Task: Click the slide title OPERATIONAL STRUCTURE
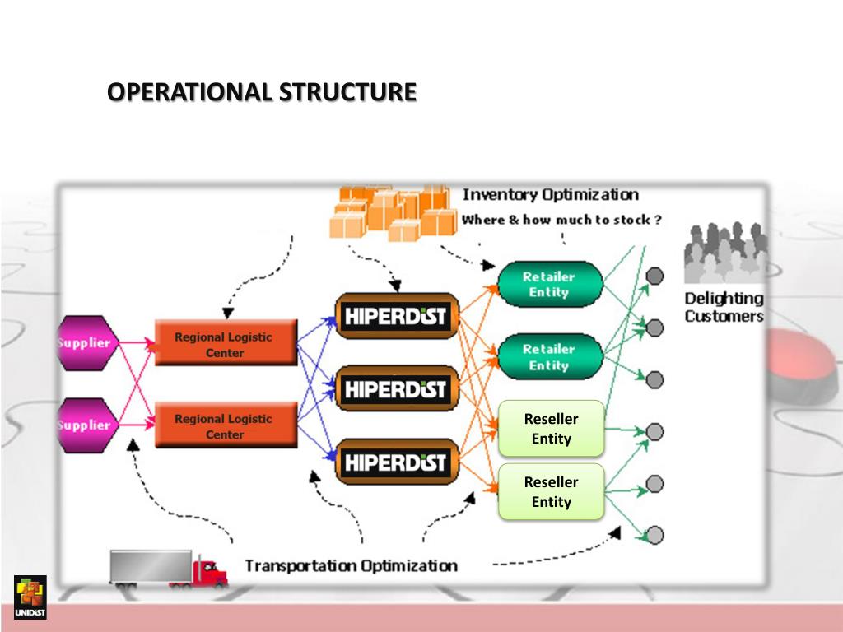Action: point(262,91)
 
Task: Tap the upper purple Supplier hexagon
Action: point(85,342)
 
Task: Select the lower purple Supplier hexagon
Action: point(85,425)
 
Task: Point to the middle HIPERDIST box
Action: point(396,388)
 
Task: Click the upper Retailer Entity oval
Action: point(549,284)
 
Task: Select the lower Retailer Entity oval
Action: point(549,357)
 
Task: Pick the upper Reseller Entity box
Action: point(551,429)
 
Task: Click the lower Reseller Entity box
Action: point(551,491)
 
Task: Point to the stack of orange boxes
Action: point(394,212)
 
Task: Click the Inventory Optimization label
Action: point(550,195)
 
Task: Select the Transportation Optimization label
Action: point(351,565)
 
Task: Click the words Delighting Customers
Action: point(724,307)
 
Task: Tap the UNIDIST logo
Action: point(30,597)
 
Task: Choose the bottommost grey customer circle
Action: point(654,535)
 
